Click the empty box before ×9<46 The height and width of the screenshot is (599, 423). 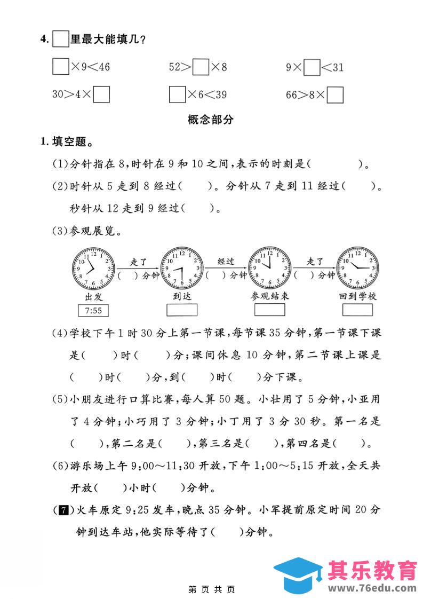pos(61,67)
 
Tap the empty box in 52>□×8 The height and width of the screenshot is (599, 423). pos(201,67)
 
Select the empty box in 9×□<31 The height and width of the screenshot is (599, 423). pos(312,67)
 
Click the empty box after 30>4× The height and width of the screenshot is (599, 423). pos(101,94)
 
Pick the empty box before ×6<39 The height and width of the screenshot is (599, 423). pos(177,94)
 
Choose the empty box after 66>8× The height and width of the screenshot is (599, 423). pos(335,95)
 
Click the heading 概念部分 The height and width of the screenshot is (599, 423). pos(211,120)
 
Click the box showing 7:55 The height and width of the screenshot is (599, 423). pos(93,311)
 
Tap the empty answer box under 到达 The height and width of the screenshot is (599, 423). pos(182,310)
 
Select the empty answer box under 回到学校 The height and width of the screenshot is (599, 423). pos(357,310)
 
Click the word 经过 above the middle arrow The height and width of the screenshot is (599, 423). pos(226,262)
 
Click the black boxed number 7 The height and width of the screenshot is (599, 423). pos(62,510)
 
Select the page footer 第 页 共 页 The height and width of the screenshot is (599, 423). pos(211,589)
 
